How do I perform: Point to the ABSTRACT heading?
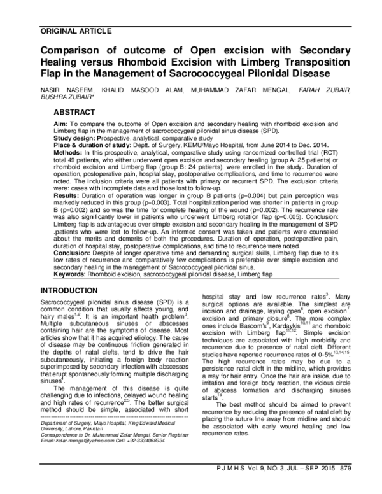(76, 111)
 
